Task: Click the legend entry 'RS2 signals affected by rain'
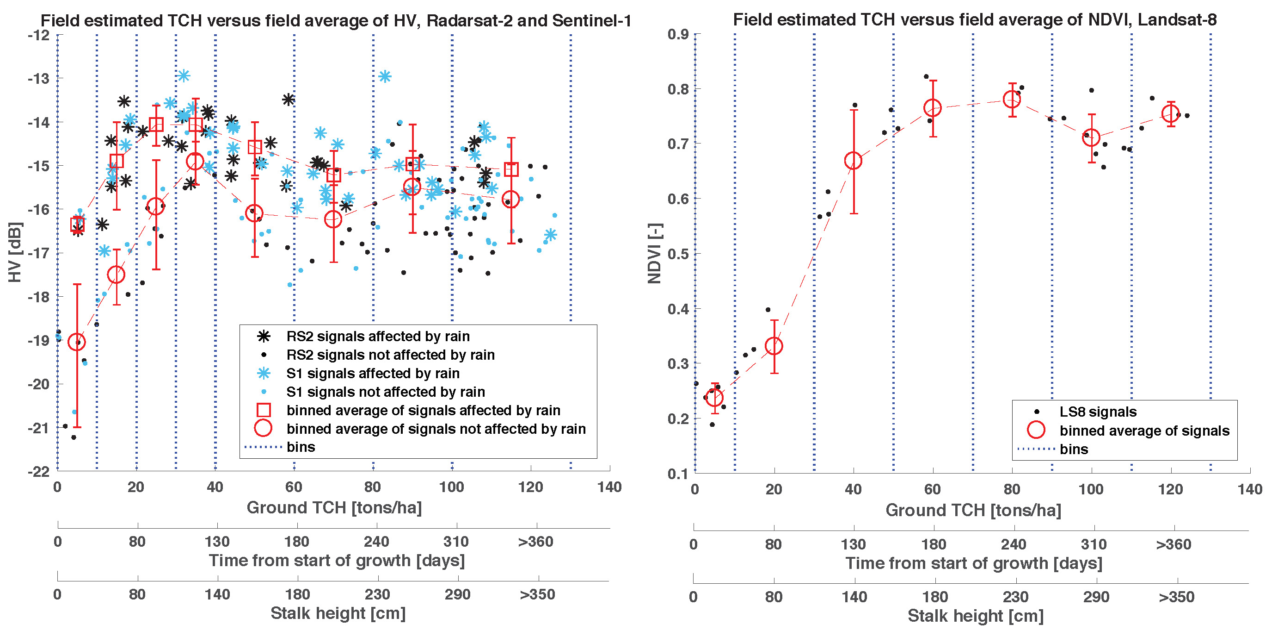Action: (377, 337)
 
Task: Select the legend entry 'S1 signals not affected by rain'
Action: (385, 392)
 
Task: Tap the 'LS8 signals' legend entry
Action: (1097, 412)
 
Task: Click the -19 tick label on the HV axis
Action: (39, 341)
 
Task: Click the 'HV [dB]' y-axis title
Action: (15, 252)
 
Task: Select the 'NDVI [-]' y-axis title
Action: (655, 253)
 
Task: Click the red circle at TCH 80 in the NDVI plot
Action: (1012, 100)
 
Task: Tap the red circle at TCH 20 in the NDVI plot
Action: (774, 346)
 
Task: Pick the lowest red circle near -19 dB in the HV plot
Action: (77, 342)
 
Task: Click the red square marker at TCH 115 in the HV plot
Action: (511, 170)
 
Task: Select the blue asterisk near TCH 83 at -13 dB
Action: (385, 76)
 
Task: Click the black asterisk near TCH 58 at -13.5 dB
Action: (288, 100)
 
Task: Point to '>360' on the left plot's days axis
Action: (535, 542)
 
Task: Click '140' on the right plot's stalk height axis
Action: (854, 597)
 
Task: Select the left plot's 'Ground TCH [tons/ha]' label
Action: (334, 508)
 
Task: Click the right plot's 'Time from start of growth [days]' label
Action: (973, 563)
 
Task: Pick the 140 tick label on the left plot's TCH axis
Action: (609, 487)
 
